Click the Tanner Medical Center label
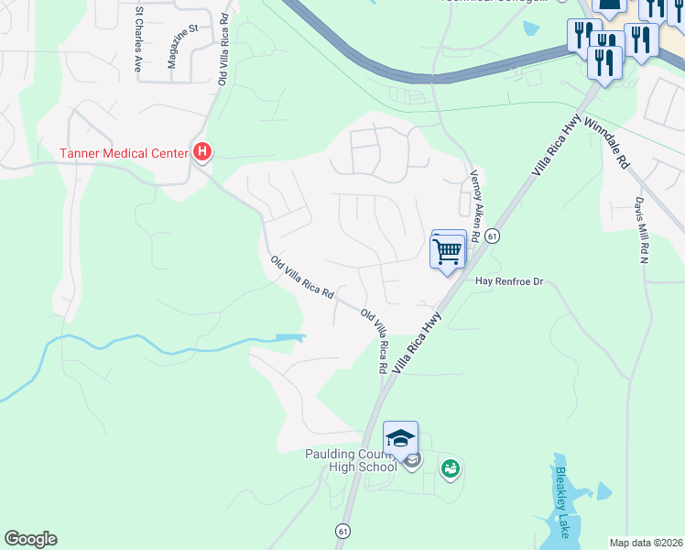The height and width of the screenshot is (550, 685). [125, 152]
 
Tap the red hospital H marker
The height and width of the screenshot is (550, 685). [203, 152]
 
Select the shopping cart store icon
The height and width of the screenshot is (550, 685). [448, 250]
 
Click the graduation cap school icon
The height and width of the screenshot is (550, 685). [400, 438]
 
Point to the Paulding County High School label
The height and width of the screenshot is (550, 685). [351, 460]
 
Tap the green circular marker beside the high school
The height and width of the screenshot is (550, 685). [449, 469]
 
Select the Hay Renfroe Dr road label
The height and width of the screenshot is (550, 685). [509, 282]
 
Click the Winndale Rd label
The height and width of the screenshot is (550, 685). [606, 140]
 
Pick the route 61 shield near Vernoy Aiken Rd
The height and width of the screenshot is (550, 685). [492, 236]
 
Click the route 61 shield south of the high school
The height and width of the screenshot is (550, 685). [342, 531]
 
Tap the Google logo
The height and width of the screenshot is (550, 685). [30, 539]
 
